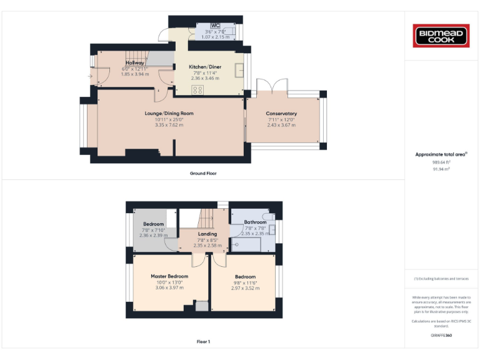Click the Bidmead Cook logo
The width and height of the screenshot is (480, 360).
[x=442, y=35]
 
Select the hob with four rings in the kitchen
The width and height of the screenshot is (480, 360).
[x=197, y=90]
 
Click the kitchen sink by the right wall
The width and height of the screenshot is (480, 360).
[x=239, y=69]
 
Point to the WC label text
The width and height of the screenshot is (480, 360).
[x=216, y=26]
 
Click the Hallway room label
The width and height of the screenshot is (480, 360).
[x=135, y=63]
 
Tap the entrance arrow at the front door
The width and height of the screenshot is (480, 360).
[x=91, y=77]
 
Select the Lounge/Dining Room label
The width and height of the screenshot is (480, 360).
[x=169, y=113]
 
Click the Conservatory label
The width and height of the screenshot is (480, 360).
[x=281, y=113]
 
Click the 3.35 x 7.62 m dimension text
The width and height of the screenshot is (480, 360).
[x=169, y=125]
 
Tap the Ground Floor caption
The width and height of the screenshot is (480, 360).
[x=203, y=173]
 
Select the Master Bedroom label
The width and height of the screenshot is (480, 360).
[x=169, y=276]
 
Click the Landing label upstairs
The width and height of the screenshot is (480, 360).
[x=207, y=234]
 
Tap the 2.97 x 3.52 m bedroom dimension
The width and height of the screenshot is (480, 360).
[x=245, y=288]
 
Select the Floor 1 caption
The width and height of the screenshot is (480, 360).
[x=203, y=342]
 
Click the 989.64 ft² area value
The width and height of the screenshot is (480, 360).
[x=441, y=162]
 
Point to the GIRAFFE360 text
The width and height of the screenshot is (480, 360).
[x=441, y=336]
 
